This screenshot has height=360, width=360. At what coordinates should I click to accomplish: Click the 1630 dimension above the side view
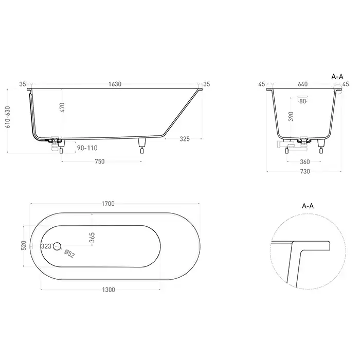(x=115, y=84)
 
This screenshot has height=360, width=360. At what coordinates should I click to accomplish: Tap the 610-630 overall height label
(x=8, y=117)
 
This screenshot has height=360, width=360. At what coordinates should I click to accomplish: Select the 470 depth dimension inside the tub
(x=62, y=107)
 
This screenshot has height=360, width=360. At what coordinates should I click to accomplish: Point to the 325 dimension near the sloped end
(x=185, y=139)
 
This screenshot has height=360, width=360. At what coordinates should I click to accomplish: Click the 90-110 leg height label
(x=87, y=148)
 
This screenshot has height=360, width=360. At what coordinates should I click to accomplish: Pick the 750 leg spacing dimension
(x=100, y=161)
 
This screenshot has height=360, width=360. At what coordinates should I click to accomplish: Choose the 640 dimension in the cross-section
(x=302, y=84)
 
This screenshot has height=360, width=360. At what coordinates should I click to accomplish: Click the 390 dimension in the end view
(x=291, y=116)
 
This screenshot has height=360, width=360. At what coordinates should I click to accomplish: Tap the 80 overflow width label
(x=302, y=101)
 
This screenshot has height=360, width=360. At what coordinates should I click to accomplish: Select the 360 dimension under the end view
(x=305, y=162)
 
